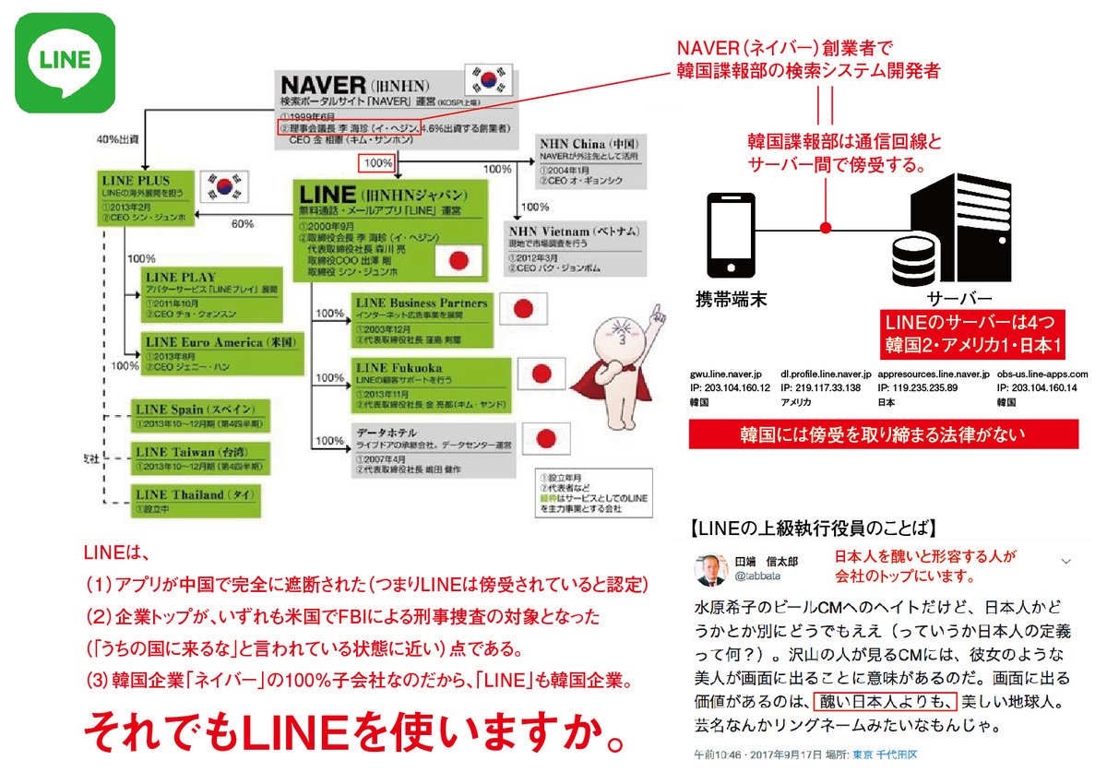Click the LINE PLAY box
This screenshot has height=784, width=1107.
coord(210,289)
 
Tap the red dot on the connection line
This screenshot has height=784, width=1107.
coord(826,227)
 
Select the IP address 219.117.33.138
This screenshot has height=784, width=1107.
coord(821,388)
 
